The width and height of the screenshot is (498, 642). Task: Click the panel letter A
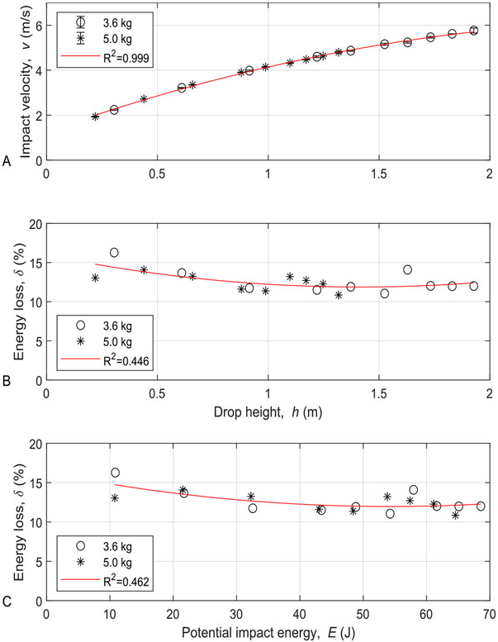click(x=6, y=163)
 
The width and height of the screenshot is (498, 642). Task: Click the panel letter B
click(x=7, y=382)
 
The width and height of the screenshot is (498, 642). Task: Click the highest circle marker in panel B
click(x=114, y=253)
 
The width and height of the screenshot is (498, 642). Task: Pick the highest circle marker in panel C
click(x=115, y=473)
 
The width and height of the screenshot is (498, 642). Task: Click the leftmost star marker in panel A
click(x=95, y=117)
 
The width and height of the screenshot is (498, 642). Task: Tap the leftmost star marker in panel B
click(x=95, y=278)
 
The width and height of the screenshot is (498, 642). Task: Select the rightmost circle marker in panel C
click(x=481, y=506)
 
